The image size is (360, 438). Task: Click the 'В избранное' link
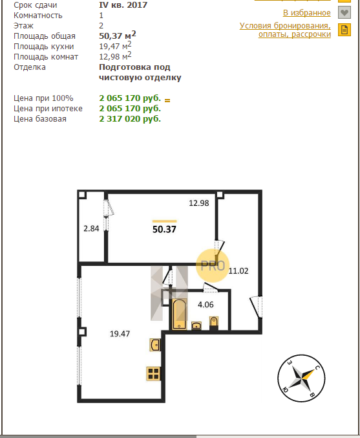pos(307,13)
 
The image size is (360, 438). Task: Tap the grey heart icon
pos(344,12)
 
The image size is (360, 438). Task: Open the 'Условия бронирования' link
pos(285,30)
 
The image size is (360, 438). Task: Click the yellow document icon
pos(344,30)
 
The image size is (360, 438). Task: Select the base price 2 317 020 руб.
pos(130,119)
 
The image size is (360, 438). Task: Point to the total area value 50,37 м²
pos(118,35)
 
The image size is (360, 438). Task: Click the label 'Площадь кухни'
pos(44,47)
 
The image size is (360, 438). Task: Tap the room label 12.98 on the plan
pos(198,203)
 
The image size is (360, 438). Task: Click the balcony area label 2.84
pos(91,229)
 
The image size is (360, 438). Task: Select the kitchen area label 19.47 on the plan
pos(120,334)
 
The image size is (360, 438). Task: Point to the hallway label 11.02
pos(238,271)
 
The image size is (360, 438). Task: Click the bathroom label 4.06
pos(206,305)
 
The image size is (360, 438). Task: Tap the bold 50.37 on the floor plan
pos(164,229)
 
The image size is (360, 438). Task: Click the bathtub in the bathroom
pos(179,314)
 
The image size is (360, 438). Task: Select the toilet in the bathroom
pos(214,322)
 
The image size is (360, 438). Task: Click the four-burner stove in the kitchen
pos(153,373)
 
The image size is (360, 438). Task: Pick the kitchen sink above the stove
pos(155,345)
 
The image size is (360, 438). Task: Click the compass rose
pos(301,378)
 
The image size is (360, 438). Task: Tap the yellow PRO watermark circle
pos(213,266)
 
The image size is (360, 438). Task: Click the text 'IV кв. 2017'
pos(123,5)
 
